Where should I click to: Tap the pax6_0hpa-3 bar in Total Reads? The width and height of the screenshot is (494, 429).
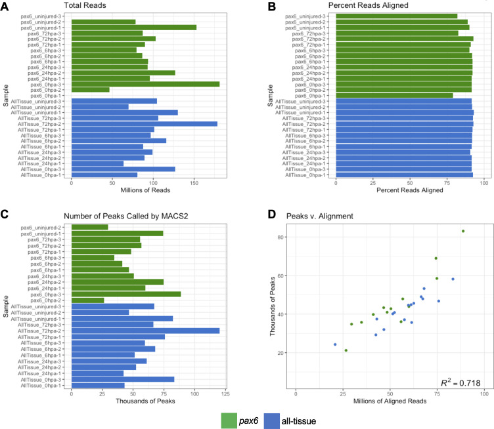145,84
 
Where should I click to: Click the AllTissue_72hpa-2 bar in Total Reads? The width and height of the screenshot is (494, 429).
144,123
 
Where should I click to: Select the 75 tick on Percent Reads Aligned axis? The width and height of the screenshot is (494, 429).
446,184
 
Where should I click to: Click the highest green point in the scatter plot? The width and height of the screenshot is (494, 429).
463,231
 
